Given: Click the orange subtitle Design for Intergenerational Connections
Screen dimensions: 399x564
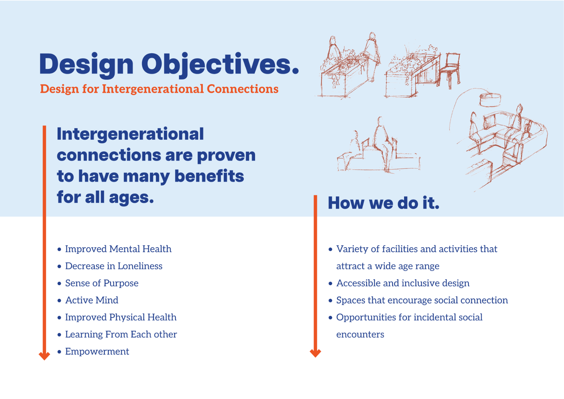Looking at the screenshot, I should coord(159,89).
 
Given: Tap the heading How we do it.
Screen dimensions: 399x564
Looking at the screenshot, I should coord(383,203).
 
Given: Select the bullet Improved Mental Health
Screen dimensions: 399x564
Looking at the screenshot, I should coord(118,249).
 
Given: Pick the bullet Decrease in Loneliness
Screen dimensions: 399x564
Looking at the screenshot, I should coord(113,266).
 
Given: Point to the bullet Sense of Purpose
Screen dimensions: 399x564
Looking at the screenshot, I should coord(101,283).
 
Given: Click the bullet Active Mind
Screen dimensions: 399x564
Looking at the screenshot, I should coord(91,300).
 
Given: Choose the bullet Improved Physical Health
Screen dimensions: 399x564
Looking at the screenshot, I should coord(120,317).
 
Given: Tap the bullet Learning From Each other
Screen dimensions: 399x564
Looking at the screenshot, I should coord(121,334).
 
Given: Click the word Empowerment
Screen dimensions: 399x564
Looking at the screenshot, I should coord(97,351).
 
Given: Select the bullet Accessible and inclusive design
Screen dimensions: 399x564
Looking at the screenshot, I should coord(403,283).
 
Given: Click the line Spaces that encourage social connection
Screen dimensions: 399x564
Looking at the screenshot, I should coord(422,300).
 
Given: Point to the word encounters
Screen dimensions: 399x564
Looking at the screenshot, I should coord(360,334).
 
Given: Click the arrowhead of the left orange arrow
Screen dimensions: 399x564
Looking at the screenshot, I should coord(44,356).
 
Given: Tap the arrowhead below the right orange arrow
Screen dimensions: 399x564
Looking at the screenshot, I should coord(315,353).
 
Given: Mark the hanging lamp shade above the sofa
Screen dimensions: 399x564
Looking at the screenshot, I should coord(490,99).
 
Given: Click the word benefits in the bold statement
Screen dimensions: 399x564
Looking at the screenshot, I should coord(209,176).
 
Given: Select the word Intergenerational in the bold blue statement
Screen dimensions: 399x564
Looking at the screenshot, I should coord(130,134).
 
